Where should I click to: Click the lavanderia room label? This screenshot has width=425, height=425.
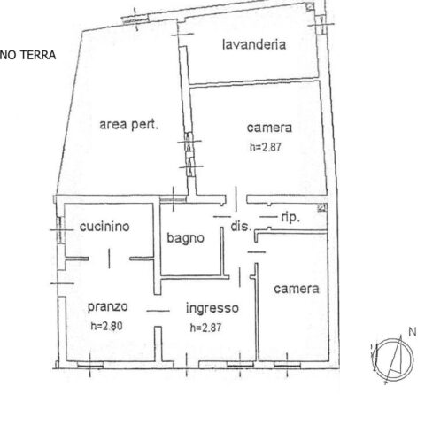pyautogui.click(x=254, y=44)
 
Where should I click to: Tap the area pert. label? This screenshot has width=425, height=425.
pyautogui.click(x=129, y=124)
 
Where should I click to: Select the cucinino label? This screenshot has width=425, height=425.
pyautogui.click(x=104, y=227)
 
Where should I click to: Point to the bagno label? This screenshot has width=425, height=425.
pyautogui.click(x=185, y=238)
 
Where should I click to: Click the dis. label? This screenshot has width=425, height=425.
pyautogui.click(x=241, y=227)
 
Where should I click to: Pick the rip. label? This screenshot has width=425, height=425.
pyautogui.click(x=290, y=218)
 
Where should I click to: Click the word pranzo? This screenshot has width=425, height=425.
pyautogui.click(x=108, y=307)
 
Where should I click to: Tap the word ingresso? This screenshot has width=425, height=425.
pyautogui.click(x=212, y=308)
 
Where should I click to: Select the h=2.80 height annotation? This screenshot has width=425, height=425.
pyautogui.click(x=106, y=326)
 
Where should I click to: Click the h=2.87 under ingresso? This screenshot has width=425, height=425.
pyautogui.click(x=205, y=328)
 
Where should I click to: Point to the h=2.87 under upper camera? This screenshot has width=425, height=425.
pyautogui.click(x=266, y=147)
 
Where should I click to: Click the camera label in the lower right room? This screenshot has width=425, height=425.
pyautogui.click(x=297, y=289)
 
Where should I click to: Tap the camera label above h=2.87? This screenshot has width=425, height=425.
pyautogui.click(x=269, y=127)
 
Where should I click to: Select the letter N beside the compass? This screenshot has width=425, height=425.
pyautogui.click(x=413, y=332)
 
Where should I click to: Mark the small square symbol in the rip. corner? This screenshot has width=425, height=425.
pyautogui.click(x=321, y=208)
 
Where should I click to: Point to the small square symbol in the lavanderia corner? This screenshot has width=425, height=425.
pyautogui.click(x=310, y=6)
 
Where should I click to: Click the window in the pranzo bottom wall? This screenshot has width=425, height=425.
pyautogui.click(x=90, y=365)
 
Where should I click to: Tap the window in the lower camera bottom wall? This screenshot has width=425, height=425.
pyautogui.click(x=287, y=365)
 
